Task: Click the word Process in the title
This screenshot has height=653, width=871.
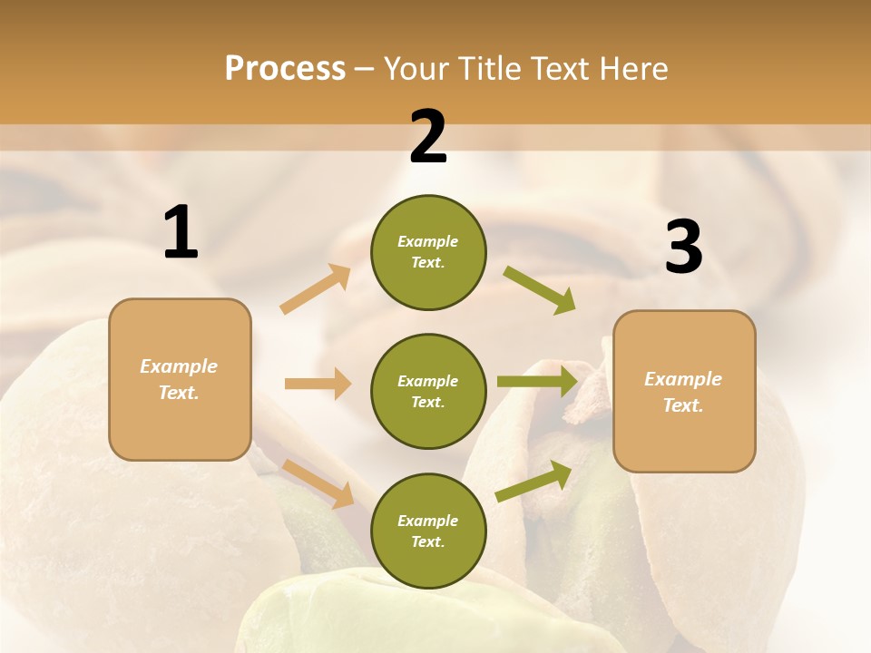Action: (x=285, y=69)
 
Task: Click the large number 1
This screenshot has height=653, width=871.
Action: (x=181, y=233)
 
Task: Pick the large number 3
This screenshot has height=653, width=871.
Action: (x=683, y=248)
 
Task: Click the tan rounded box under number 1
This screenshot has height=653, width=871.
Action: (x=180, y=379)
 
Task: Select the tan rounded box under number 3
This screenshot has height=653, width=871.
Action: (x=684, y=391)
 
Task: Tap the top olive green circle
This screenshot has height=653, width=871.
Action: (x=428, y=252)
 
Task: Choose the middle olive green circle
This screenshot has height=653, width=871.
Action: (x=428, y=391)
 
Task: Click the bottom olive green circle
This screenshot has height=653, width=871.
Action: (x=428, y=531)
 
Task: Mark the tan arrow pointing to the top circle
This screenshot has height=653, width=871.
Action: (x=316, y=289)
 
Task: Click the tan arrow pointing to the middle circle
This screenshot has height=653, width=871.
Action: (x=318, y=384)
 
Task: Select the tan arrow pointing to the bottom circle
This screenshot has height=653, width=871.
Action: (x=318, y=483)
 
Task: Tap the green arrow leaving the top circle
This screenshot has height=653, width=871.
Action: (x=540, y=290)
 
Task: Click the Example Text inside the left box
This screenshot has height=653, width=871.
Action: (x=179, y=379)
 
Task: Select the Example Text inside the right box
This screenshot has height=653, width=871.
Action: (x=683, y=392)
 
